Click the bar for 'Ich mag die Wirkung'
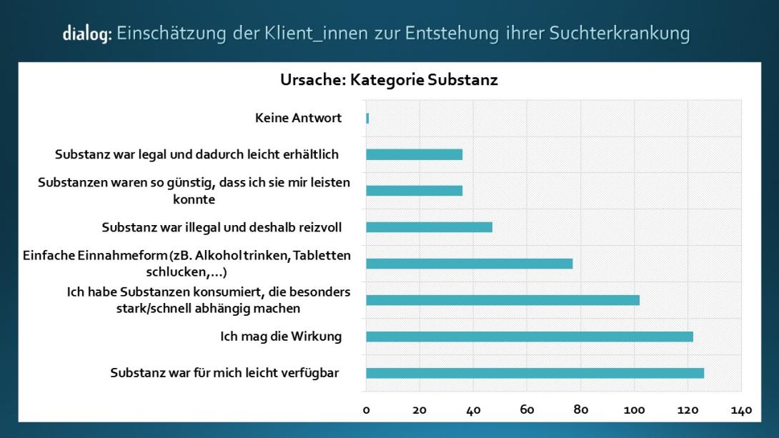click(x=529, y=337)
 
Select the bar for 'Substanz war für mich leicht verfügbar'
click(x=535, y=373)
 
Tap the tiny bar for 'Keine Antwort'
click(x=367, y=118)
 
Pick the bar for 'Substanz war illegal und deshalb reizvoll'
click(x=429, y=227)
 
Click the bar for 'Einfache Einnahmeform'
click(x=469, y=264)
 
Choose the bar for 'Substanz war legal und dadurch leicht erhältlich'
click(x=414, y=154)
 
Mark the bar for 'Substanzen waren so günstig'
click(x=414, y=191)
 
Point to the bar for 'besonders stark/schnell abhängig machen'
click(x=502, y=300)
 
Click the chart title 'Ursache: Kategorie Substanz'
click(x=389, y=80)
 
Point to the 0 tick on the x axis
click(x=366, y=410)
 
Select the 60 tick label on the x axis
click(x=527, y=410)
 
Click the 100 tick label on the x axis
click(x=634, y=410)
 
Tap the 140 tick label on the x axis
click(x=741, y=410)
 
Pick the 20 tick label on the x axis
click(x=420, y=410)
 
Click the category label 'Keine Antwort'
click(x=298, y=118)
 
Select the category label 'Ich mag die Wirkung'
click(x=280, y=337)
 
